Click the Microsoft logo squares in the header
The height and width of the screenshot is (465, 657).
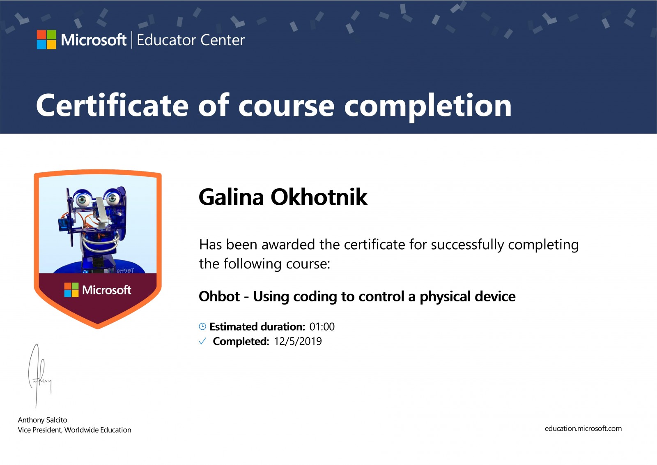[x=46, y=39]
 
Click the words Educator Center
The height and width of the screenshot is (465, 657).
[x=191, y=40]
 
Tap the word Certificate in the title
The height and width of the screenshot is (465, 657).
[x=113, y=105]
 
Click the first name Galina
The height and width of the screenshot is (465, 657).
[x=232, y=197]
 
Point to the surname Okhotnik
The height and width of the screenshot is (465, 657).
[x=319, y=197]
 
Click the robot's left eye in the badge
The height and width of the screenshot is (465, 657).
[x=83, y=200]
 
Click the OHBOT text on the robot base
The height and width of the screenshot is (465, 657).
[x=125, y=271]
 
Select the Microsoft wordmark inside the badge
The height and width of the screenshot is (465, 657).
[x=106, y=290]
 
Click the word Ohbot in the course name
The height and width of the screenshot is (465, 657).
[x=219, y=296]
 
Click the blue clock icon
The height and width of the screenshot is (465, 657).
[x=202, y=326]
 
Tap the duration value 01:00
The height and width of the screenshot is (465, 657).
[x=322, y=326]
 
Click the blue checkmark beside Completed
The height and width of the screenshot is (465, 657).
[x=202, y=341]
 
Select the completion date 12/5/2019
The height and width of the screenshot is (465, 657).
[x=298, y=341]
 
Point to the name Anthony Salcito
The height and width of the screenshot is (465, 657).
[x=43, y=420]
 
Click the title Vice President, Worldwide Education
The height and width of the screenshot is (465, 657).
[x=74, y=430]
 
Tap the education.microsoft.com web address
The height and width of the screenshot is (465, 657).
[x=583, y=428]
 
